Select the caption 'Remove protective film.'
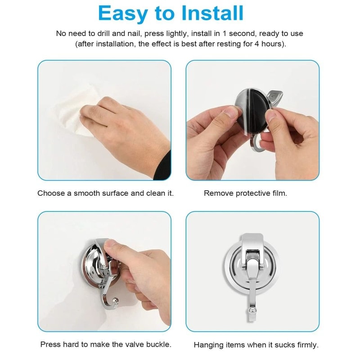point(245,193)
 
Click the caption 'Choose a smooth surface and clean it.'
point(105,193)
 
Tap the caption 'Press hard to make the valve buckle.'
point(105,345)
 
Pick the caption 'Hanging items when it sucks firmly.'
point(256,345)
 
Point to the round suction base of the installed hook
point(234,265)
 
